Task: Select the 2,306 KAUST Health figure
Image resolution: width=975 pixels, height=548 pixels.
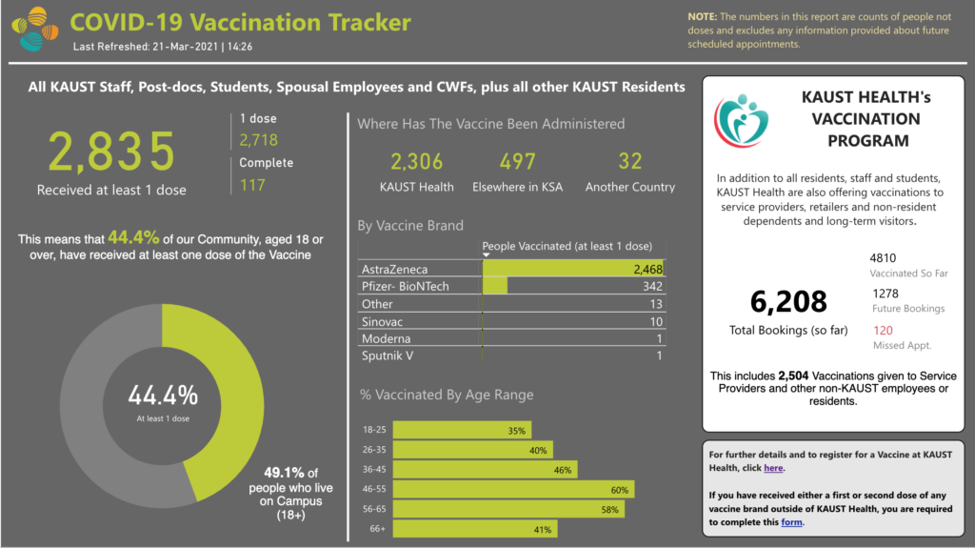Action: pyautogui.click(x=417, y=162)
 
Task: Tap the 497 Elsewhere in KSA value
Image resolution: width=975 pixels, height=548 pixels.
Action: pyautogui.click(x=517, y=162)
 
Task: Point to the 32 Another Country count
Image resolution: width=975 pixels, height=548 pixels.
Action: pyautogui.click(x=630, y=162)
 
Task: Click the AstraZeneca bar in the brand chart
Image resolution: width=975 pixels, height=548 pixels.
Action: pyautogui.click(x=571, y=270)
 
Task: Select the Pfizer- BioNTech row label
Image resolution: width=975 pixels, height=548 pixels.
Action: pyautogui.click(x=405, y=287)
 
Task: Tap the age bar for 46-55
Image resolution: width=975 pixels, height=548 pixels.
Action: pyautogui.click(x=514, y=489)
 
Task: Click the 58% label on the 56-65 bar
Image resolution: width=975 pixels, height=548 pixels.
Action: pyautogui.click(x=610, y=509)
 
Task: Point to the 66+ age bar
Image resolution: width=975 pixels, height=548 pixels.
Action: pyautogui.click(x=474, y=529)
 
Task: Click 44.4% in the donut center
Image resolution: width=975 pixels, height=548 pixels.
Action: pyautogui.click(x=163, y=396)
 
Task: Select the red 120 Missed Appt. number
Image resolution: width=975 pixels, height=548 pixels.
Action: pyautogui.click(x=883, y=330)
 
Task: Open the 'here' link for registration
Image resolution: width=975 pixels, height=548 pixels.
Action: pyautogui.click(x=773, y=468)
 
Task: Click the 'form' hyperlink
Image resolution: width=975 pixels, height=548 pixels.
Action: pyautogui.click(x=792, y=521)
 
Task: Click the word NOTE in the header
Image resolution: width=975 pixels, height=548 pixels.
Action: pyautogui.click(x=703, y=16)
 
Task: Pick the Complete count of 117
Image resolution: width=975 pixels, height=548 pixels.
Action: pyautogui.click(x=252, y=185)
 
